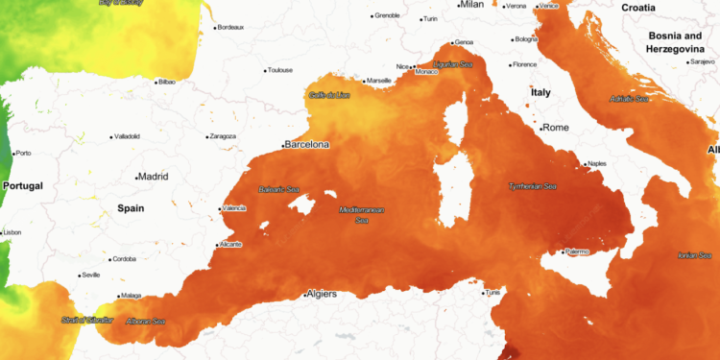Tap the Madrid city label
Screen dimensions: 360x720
click(x=154, y=177)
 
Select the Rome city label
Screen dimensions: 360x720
click(x=556, y=128)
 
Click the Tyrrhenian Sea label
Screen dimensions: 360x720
click(x=532, y=186)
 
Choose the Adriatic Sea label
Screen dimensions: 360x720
click(x=629, y=98)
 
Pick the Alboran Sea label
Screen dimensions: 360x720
click(x=146, y=321)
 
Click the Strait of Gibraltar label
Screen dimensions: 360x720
click(x=86, y=319)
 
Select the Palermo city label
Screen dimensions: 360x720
click(x=575, y=252)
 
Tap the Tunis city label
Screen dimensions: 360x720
click(x=492, y=292)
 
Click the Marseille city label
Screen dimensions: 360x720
click(x=379, y=80)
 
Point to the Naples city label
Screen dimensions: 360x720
click(x=597, y=163)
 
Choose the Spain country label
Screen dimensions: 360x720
click(x=131, y=207)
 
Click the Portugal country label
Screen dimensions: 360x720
click(x=24, y=185)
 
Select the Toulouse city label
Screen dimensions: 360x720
click(x=279, y=70)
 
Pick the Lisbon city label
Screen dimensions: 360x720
click(x=12, y=232)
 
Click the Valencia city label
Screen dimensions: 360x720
click(x=233, y=208)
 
